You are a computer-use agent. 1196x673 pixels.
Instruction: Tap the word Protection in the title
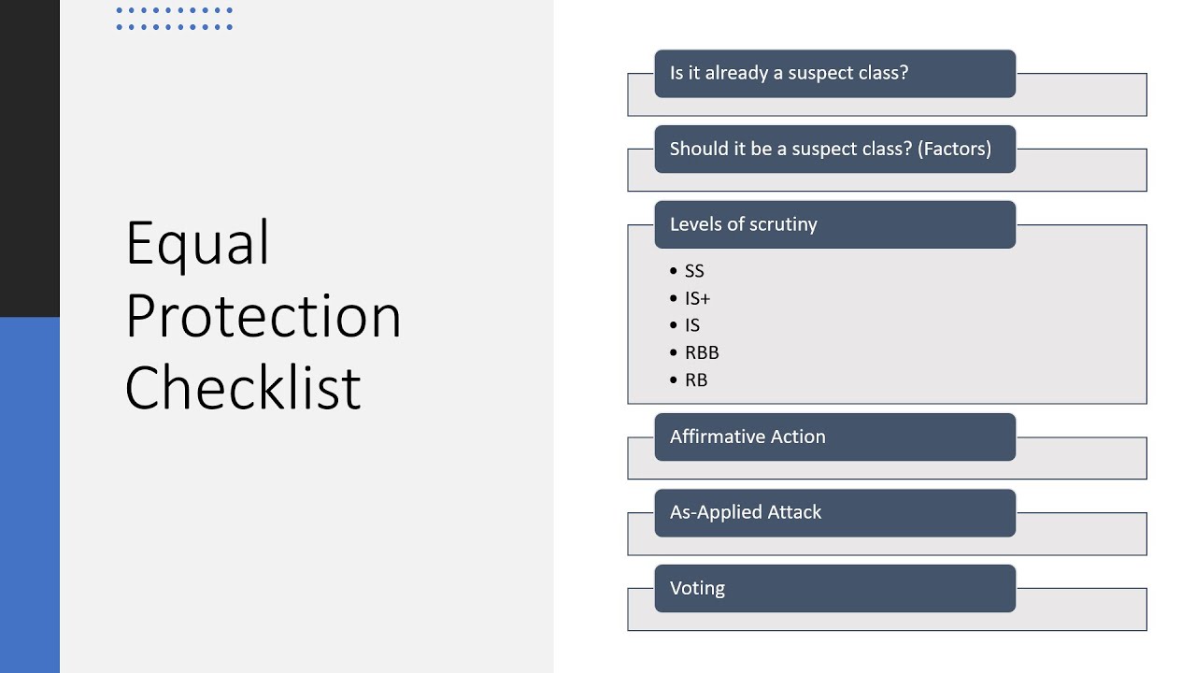pyautogui.click(x=263, y=316)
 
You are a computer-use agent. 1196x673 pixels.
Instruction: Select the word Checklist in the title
pyautogui.click(x=242, y=388)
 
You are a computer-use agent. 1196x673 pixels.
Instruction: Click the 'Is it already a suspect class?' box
pyautogui.click(x=834, y=74)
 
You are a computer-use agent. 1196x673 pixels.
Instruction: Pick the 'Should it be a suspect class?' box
pyautogui.click(x=834, y=149)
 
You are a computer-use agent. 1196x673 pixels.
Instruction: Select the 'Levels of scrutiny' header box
pyautogui.click(x=834, y=224)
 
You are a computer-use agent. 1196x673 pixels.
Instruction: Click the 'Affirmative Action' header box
pyautogui.click(x=834, y=437)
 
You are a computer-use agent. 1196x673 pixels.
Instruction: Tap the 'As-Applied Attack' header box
pyautogui.click(x=834, y=512)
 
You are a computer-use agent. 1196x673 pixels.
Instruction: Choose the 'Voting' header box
pyautogui.click(x=834, y=588)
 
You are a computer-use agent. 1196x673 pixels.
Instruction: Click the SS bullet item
pyautogui.click(x=693, y=271)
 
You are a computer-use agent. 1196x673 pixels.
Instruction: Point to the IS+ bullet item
pyautogui.click(x=697, y=298)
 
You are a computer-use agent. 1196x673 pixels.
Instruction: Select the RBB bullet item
pyautogui.click(x=701, y=352)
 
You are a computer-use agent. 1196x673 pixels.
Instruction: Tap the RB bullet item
pyautogui.click(x=695, y=379)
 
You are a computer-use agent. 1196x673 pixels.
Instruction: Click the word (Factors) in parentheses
pyautogui.click(x=954, y=149)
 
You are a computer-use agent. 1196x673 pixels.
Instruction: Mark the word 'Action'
pyautogui.click(x=796, y=437)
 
